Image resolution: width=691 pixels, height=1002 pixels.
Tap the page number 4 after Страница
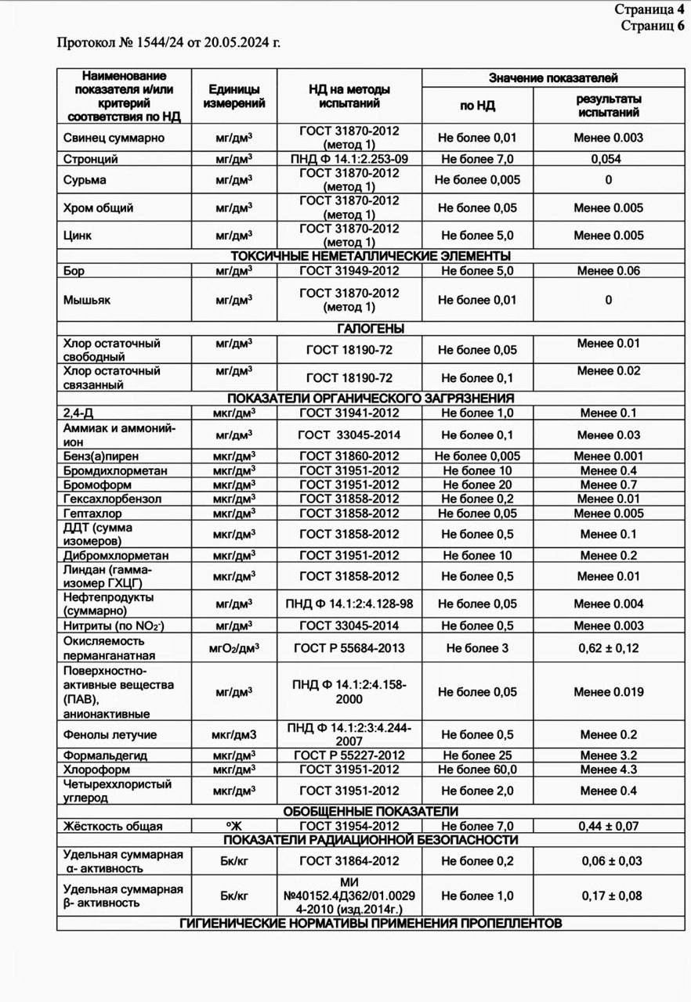(x=681, y=10)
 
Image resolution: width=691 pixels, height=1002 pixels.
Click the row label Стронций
(x=91, y=159)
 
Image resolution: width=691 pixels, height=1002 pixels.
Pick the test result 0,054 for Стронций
(x=608, y=159)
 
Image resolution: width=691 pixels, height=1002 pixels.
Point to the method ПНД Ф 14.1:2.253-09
(x=349, y=159)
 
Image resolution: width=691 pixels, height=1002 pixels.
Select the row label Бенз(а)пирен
(x=101, y=456)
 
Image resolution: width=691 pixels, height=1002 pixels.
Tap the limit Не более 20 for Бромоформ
(x=476, y=485)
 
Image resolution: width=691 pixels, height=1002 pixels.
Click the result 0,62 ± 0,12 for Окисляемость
(x=608, y=648)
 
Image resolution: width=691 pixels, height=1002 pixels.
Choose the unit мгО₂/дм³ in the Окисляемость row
(x=233, y=648)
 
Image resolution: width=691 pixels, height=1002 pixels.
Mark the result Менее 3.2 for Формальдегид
(x=608, y=755)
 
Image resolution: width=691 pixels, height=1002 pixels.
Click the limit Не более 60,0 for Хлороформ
(x=476, y=770)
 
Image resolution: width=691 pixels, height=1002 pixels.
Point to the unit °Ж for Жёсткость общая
(x=233, y=826)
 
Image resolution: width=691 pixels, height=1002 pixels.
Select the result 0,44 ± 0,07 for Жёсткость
(x=608, y=826)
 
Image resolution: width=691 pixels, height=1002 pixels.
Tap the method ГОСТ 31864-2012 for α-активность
(x=349, y=861)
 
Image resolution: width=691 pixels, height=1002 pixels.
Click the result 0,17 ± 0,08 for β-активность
(x=608, y=896)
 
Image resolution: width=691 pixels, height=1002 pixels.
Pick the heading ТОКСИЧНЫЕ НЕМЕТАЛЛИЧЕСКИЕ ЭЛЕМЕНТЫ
(x=371, y=256)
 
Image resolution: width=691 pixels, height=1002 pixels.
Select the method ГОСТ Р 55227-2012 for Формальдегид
(x=349, y=755)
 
